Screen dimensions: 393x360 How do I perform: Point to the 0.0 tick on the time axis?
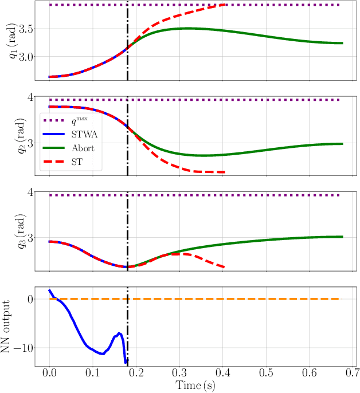coord(49,374)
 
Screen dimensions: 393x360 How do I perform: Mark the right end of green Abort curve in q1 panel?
coord(342,43)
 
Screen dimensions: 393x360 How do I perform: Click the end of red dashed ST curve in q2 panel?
coord(225,172)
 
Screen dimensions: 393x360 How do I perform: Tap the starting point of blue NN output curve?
coord(49,290)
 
